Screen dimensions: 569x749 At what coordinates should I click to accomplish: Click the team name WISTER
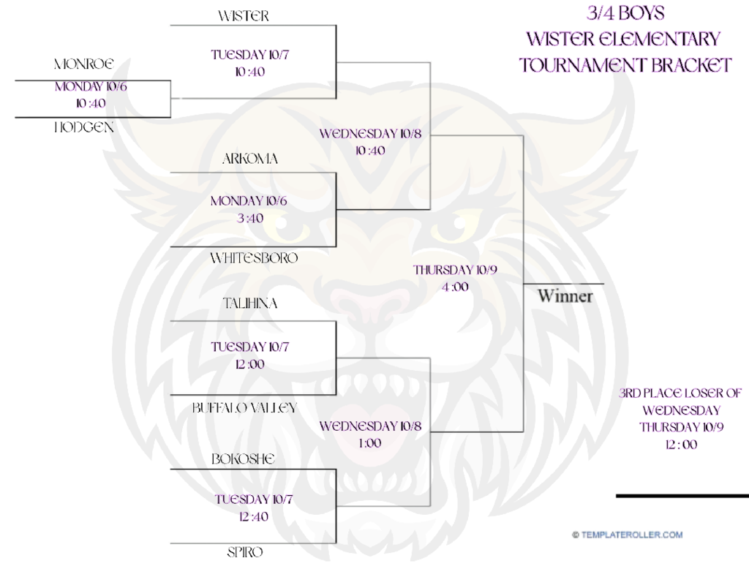coord(244,16)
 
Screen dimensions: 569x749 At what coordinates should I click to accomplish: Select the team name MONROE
coord(84,64)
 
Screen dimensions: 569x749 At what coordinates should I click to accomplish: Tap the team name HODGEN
coord(84,127)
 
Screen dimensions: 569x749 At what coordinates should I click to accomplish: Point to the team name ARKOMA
coord(249,159)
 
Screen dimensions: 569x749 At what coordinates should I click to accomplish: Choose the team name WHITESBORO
coord(254,258)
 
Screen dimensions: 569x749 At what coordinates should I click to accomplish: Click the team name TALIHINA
coord(250,304)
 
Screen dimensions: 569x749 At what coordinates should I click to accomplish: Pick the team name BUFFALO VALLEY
coord(244,408)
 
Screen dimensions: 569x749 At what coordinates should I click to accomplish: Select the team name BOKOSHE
coord(243,459)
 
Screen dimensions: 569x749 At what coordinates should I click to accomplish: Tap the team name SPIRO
coord(244,552)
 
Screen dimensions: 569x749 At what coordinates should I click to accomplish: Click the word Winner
coord(565,296)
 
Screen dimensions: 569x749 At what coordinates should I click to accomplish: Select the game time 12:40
coord(253,516)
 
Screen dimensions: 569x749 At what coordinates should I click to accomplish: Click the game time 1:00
coord(369,443)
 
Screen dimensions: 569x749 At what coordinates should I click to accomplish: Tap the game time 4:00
coord(454,287)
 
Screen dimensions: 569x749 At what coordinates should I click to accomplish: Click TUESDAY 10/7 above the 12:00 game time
coord(250,347)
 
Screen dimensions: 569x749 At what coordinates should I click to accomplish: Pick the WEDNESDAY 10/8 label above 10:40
coord(370,134)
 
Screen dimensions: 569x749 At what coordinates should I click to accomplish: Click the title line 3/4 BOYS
coord(625,13)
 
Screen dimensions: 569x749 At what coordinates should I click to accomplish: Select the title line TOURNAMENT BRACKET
coord(625,64)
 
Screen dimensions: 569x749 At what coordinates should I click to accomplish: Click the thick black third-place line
coord(682,496)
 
